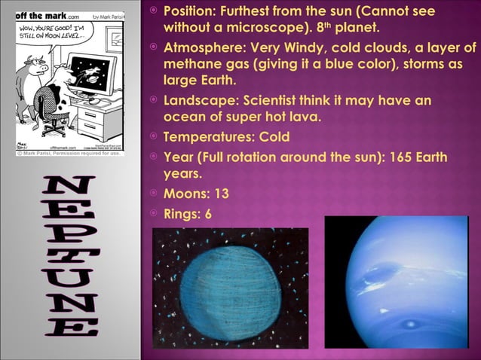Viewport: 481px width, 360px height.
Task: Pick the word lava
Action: coord(305,117)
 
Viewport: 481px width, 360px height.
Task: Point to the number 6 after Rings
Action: coord(207,213)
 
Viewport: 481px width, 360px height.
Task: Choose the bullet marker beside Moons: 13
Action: coord(152,194)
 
